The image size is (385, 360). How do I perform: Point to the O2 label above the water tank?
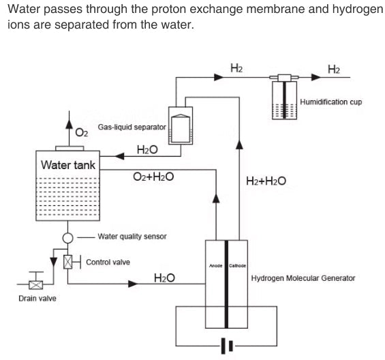[81, 132]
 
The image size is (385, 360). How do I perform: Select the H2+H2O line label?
[265, 181]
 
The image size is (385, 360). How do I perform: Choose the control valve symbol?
[67, 262]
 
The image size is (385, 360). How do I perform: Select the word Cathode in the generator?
[237, 265]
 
